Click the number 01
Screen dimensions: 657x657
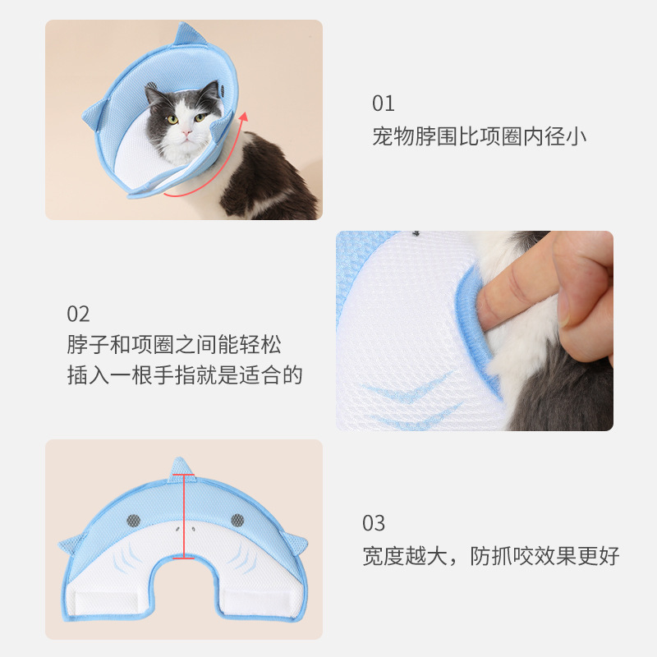point(384,103)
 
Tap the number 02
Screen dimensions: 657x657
point(78,314)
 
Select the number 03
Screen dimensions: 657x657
point(374,523)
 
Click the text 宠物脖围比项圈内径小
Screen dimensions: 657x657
point(480,136)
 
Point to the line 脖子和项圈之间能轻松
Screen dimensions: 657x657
point(174,345)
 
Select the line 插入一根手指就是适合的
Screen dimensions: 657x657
point(185,376)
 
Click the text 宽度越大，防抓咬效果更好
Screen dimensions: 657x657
point(490,556)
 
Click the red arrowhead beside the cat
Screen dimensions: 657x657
point(242,119)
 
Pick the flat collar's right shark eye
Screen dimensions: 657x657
point(237,519)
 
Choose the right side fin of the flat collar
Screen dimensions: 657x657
point(296,544)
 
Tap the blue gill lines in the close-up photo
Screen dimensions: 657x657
point(411,402)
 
